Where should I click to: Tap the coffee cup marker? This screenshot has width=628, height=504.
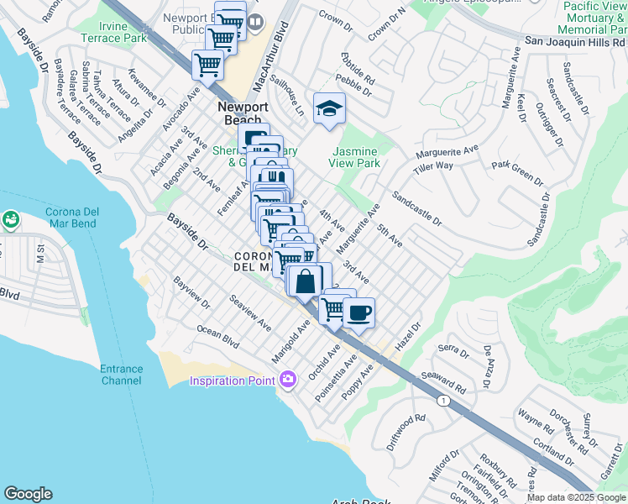(x=359, y=313)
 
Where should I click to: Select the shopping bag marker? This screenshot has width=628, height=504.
(x=306, y=281)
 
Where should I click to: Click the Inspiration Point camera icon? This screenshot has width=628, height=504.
(x=288, y=381)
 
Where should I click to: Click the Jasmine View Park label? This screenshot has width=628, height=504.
(x=355, y=157)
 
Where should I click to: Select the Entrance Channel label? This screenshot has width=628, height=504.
(x=122, y=375)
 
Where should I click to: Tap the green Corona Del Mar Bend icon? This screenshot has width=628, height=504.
(x=10, y=220)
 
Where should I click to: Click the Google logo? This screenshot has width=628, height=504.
(x=28, y=494)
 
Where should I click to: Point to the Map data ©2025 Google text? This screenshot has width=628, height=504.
(x=576, y=497)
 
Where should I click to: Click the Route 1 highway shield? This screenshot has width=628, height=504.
(x=442, y=402)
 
